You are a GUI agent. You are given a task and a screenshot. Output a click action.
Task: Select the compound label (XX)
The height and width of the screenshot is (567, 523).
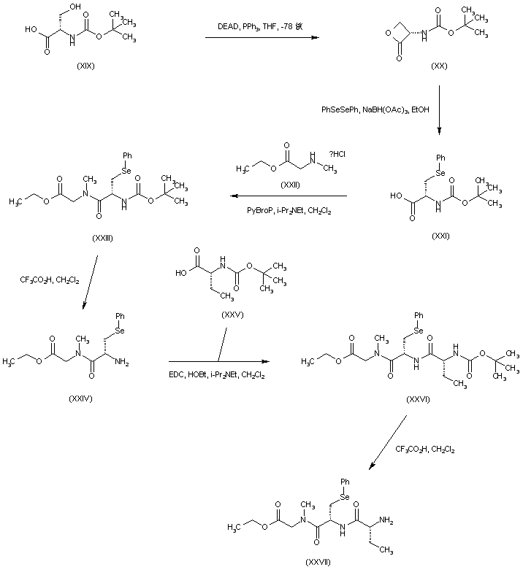[440, 66]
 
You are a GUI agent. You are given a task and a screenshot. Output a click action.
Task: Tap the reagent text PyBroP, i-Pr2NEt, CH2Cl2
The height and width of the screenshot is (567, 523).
[286, 212]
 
